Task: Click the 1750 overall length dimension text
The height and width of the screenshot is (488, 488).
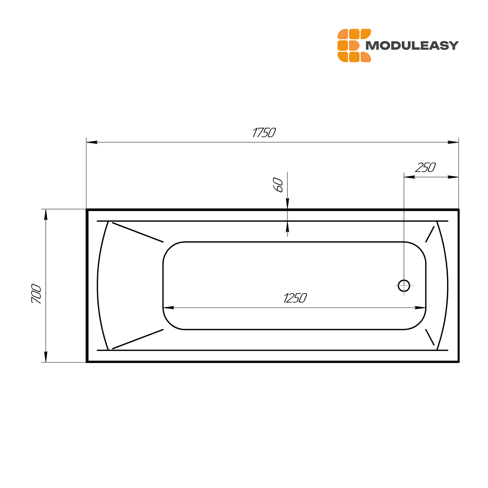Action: tap(264, 132)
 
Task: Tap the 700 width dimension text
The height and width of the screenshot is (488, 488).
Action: tap(36, 294)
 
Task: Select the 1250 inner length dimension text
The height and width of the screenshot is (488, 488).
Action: tap(295, 298)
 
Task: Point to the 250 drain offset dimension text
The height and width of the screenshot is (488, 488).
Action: tap(426, 167)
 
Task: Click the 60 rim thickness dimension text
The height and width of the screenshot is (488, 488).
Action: tap(278, 185)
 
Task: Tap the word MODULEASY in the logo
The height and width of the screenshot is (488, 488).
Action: tap(412, 45)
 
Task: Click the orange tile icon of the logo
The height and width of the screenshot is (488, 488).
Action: tap(354, 45)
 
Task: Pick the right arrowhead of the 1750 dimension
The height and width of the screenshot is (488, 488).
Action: tap(453, 142)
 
